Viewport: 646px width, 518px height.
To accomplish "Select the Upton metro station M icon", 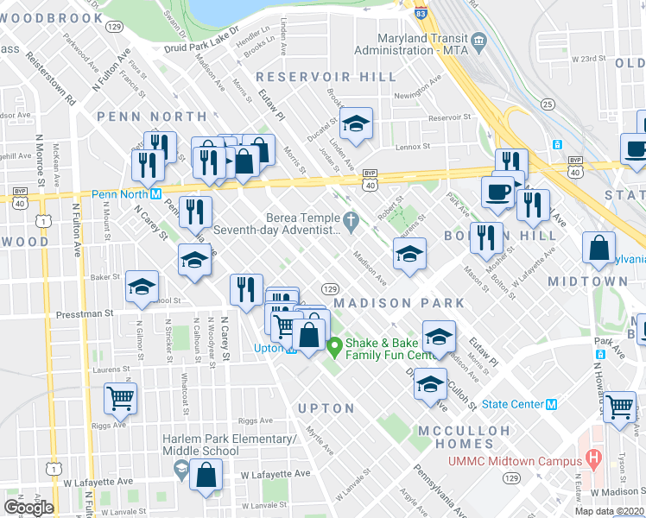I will point(293,350).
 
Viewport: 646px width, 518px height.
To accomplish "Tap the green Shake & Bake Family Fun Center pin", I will point(335,348).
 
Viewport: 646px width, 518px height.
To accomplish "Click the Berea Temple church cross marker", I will point(350,221).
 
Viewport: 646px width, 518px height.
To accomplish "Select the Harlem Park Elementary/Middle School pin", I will point(180,470).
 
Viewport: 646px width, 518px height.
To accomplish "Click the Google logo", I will point(28,507).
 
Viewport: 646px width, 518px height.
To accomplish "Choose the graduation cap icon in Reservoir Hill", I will point(355,124).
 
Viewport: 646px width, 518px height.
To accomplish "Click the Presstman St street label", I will point(85,313).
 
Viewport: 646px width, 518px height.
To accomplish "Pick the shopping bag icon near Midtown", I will point(599,248).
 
